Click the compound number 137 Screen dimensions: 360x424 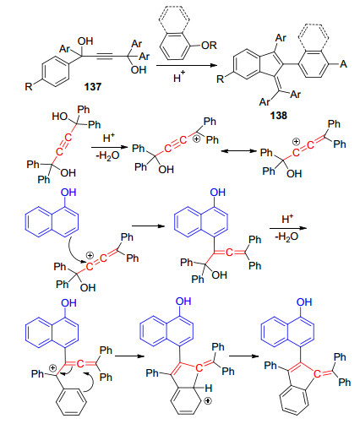pos(92,87)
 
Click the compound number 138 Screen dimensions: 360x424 pos(278,116)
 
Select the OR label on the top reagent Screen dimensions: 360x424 pos(209,45)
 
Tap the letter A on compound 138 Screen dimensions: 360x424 pos(343,64)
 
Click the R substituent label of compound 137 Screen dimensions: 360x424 pos(29,86)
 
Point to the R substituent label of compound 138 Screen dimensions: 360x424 pos(221,79)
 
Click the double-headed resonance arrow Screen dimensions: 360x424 pos(239,151)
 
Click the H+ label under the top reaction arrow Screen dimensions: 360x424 pos(179,77)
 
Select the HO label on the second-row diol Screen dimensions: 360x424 pos(60,116)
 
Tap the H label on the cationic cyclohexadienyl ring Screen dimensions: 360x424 pos(208,389)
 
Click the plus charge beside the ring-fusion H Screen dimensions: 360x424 pos(208,400)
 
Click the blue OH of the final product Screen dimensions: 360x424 pos(304,302)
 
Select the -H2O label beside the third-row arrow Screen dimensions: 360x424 pos(286,236)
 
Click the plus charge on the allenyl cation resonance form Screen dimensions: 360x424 pos(296,142)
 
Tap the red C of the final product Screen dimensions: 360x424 pos(317,374)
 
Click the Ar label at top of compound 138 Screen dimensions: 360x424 pos(281,38)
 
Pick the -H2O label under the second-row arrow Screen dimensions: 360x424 pos(107,155)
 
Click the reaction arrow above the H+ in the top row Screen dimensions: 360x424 pos(187,65)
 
